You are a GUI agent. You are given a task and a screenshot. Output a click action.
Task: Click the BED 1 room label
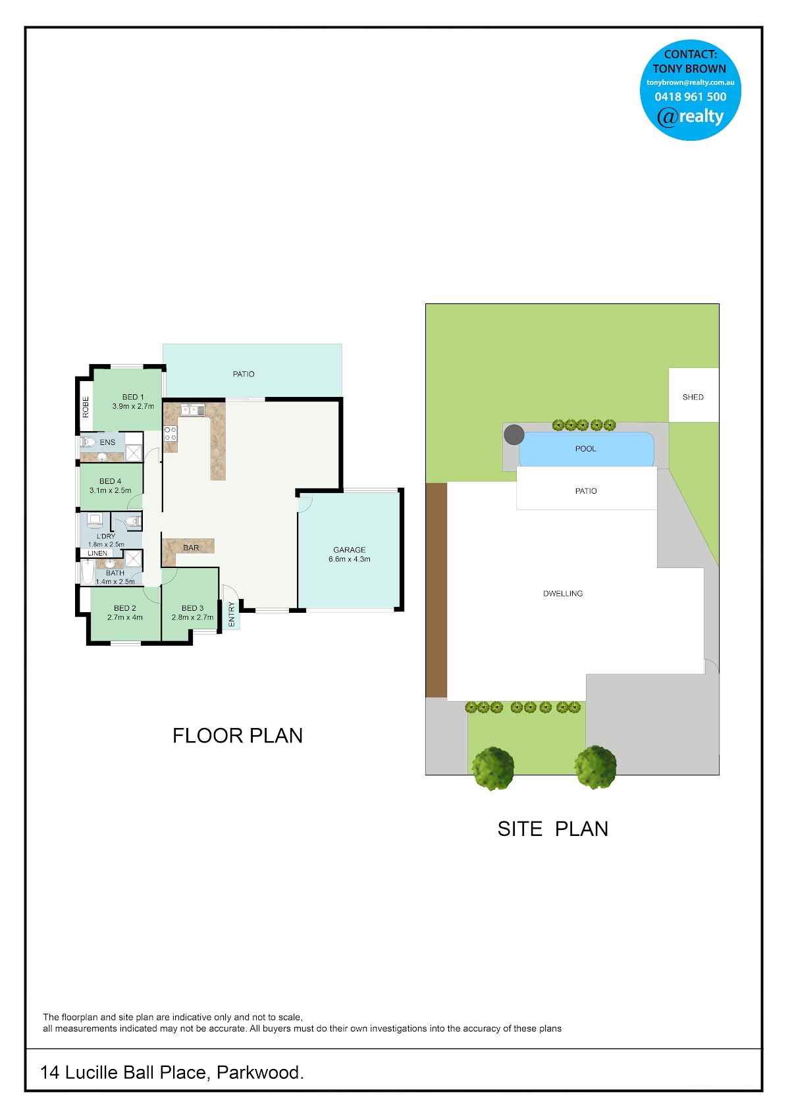pos(133,397)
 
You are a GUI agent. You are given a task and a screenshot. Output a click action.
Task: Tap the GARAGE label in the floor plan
pos(349,550)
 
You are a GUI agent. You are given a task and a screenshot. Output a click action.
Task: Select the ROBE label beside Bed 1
pos(86,407)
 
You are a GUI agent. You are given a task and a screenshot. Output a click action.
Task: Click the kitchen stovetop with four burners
pos(170,433)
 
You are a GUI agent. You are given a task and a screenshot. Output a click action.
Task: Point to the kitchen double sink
pos(192,410)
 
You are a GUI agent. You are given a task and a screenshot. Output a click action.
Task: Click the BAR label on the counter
pos(191,548)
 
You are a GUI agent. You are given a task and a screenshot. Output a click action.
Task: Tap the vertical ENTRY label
pos(232,614)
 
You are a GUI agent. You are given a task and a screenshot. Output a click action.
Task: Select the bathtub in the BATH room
pos(88,572)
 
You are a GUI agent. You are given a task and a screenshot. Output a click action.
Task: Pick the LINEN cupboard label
pos(97,553)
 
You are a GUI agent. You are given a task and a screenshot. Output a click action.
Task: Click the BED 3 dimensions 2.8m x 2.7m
pos(192,617)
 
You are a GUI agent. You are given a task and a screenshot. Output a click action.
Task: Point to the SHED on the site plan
pos(693,395)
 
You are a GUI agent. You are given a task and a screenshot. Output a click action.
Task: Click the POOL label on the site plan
pos(585,449)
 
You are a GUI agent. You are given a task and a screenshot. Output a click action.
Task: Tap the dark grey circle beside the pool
pos(513,434)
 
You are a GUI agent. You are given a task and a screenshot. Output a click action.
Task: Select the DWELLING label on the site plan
pos(563,594)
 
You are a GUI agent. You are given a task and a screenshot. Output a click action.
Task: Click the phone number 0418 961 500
pos(690,97)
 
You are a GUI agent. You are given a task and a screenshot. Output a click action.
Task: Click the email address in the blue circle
pos(690,82)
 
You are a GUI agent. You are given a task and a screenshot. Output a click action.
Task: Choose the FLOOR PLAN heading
pos(238,735)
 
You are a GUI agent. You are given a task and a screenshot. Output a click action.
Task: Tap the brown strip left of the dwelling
pos(436,590)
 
